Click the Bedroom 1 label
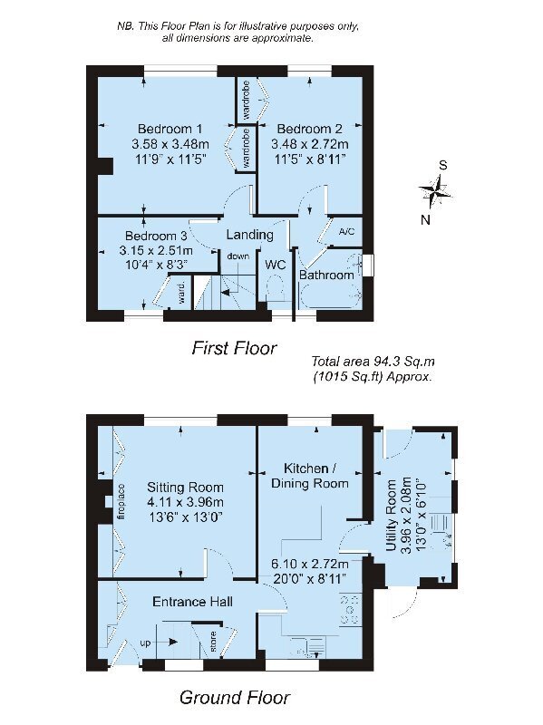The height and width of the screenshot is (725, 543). [170, 129]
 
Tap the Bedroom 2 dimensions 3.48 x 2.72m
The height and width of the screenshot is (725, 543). [309, 144]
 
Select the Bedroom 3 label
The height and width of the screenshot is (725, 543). [156, 236]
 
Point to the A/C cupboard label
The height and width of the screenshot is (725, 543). [346, 231]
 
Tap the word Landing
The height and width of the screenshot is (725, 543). [250, 235]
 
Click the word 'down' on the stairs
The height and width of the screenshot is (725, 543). [238, 256]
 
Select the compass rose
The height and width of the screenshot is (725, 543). [435, 190]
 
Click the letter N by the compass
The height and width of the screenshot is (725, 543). [425, 220]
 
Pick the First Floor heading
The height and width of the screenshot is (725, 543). [234, 348]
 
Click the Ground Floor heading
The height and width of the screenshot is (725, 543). [235, 697]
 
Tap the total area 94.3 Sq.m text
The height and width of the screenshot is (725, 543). [373, 361]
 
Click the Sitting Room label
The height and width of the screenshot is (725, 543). [185, 488]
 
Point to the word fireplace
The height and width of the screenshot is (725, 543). [121, 503]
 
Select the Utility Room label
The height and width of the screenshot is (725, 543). [392, 515]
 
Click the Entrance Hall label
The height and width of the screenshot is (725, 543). [192, 602]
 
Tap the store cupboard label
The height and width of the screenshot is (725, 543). [213, 642]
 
